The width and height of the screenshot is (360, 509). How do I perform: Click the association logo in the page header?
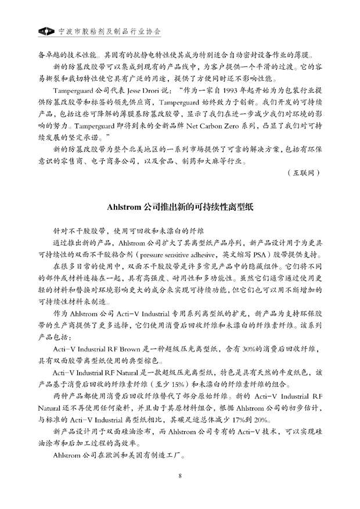tap(45, 29)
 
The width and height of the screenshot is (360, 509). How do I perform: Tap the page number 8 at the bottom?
tap(181, 476)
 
